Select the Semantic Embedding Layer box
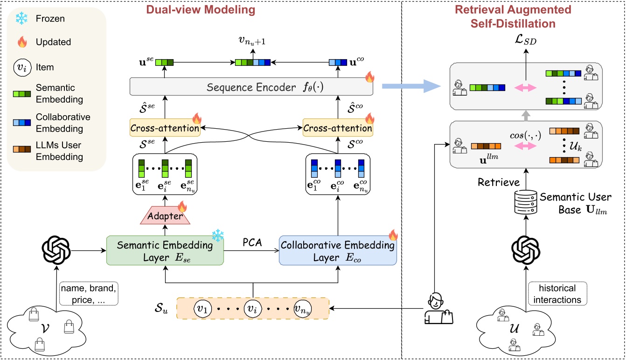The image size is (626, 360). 165,251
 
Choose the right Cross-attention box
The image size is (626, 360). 337,128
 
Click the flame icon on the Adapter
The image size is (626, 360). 182,206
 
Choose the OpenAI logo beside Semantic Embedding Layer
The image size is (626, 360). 56,251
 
